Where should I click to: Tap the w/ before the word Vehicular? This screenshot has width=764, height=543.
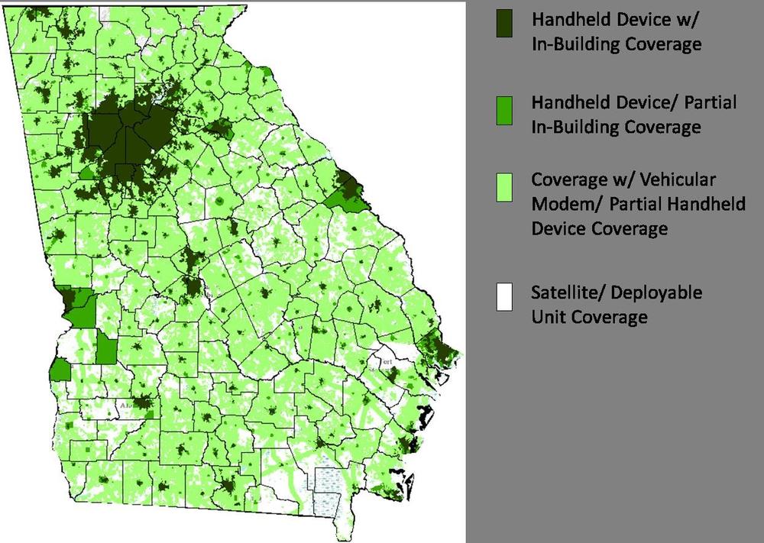(624, 180)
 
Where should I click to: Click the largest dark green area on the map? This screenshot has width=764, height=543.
(126, 137)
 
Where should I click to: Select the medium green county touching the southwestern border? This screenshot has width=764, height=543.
(60, 370)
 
